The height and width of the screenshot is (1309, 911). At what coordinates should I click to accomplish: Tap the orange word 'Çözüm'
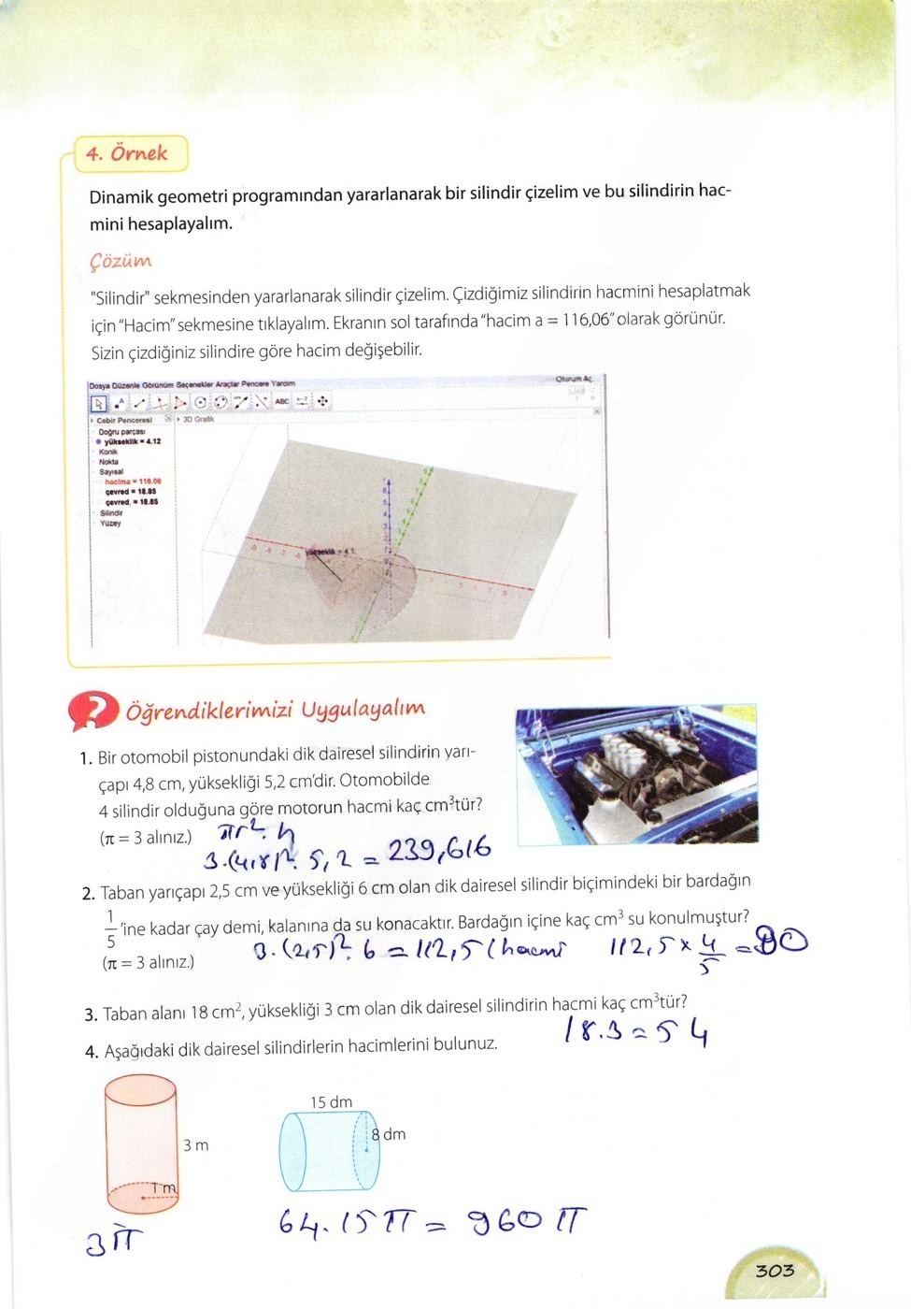pos(121,261)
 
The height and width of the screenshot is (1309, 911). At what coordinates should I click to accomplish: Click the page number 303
pos(775,1270)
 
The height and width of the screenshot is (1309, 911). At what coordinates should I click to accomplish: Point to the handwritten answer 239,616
pos(438,849)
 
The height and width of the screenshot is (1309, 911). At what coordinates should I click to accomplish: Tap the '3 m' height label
pos(195,1145)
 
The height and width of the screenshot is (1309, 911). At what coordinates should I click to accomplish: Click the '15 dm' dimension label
pos(331,1102)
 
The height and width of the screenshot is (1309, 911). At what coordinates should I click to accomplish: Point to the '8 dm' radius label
pos(389,1134)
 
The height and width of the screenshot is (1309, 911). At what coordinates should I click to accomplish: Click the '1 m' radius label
pos(164,1188)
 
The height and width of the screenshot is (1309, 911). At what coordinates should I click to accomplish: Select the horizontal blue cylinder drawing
pos(327,1151)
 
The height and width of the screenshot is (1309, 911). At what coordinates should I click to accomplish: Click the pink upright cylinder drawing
pos(140,1145)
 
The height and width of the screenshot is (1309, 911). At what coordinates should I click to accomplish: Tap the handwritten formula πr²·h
pos(257,830)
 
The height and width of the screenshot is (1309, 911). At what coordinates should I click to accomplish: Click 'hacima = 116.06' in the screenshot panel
pos(133,482)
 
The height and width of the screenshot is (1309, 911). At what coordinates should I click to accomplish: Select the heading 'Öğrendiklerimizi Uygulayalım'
pos(275,710)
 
